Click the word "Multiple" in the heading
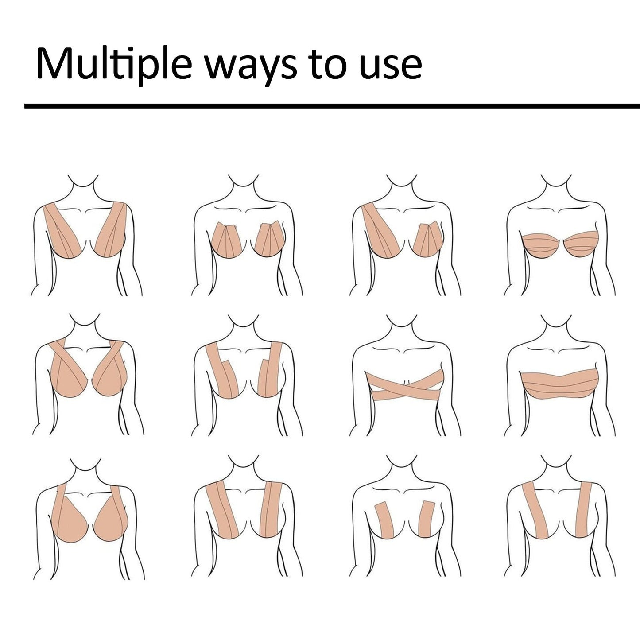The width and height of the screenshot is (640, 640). (114, 64)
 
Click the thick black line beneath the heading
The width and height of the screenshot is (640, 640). (332, 106)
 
